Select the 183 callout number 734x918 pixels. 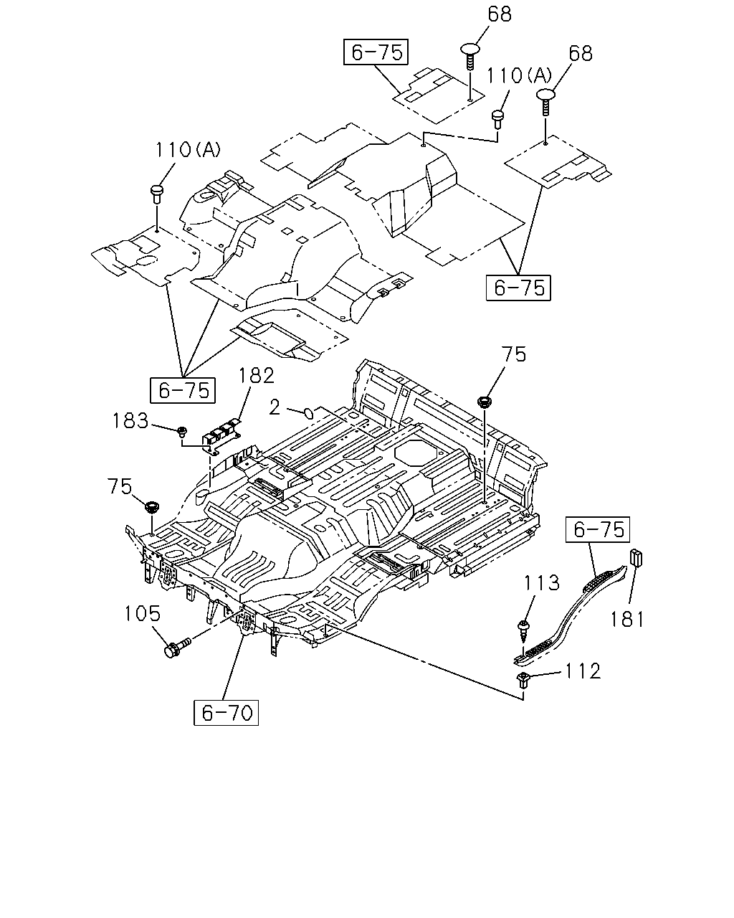point(130,420)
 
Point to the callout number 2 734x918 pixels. point(275,407)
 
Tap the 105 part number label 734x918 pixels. point(142,614)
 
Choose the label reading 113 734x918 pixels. point(541,582)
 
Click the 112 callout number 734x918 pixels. point(583,671)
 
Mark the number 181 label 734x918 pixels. point(626,619)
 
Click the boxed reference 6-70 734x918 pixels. point(226,713)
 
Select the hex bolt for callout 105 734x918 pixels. point(178,648)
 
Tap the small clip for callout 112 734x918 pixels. point(523,679)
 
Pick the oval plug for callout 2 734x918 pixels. point(309,413)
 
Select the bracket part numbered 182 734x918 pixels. point(221,435)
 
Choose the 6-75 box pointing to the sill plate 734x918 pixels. point(598,530)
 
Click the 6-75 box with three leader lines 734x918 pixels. point(183,390)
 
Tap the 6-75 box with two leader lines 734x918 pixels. point(518,288)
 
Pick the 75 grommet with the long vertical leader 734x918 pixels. point(484,401)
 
